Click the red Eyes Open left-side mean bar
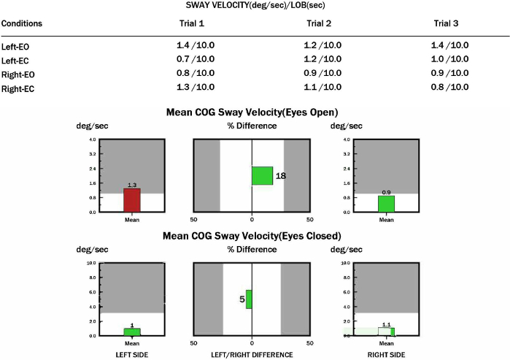coord(131,200)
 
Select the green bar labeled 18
coord(262,176)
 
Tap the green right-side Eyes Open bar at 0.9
coord(386,204)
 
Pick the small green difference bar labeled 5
coord(249,299)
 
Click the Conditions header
coord(22,23)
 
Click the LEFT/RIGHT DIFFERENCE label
coord(252,354)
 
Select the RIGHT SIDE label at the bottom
coord(386,354)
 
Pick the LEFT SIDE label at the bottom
coord(131,354)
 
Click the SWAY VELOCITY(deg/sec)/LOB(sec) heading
coord(255,5)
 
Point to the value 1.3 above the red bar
coord(131,185)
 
